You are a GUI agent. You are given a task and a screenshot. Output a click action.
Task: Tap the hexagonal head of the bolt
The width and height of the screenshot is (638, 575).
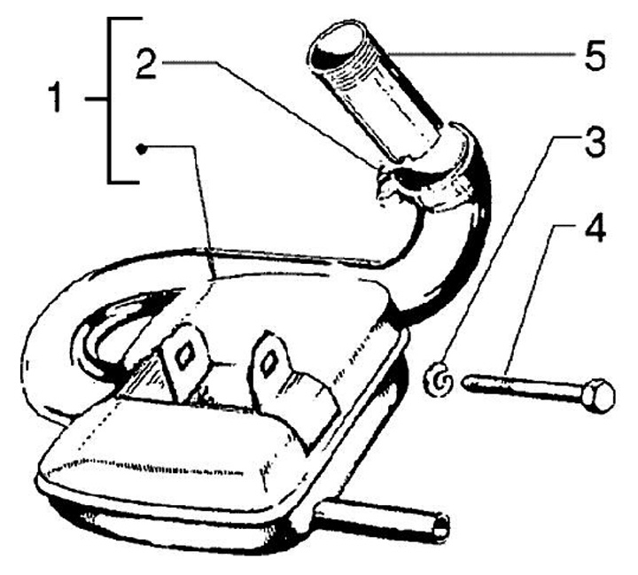(x=600, y=393)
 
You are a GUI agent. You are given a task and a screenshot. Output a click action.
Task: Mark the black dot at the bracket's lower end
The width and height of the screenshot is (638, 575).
(x=139, y=149)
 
